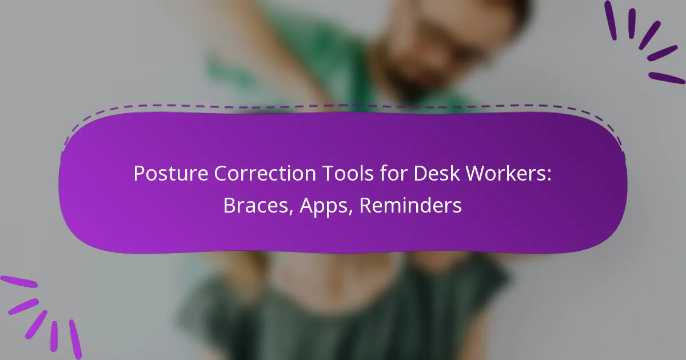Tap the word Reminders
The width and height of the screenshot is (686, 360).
pyautogui.click(x=410, y=206)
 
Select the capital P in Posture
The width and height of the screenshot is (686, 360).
pyautogui.click(x=138, y=173)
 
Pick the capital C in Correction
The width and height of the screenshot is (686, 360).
pyautogui.click(x=220, y=173)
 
